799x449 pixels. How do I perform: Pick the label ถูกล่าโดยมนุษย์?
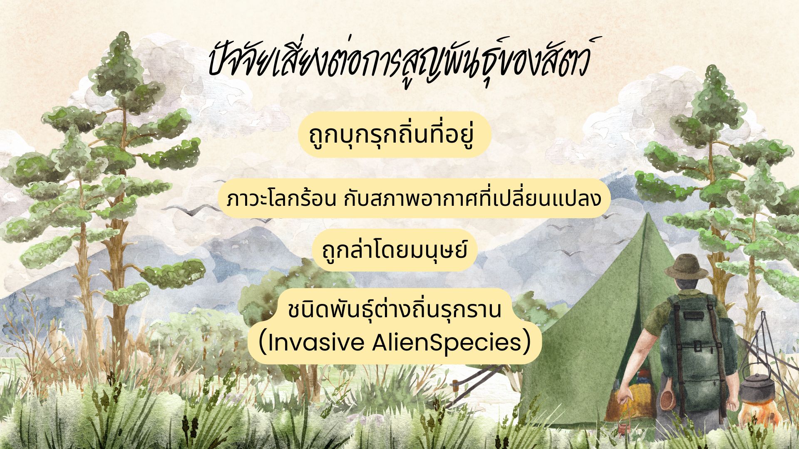click(395, 250)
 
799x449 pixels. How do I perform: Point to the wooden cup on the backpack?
click(668, 400)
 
